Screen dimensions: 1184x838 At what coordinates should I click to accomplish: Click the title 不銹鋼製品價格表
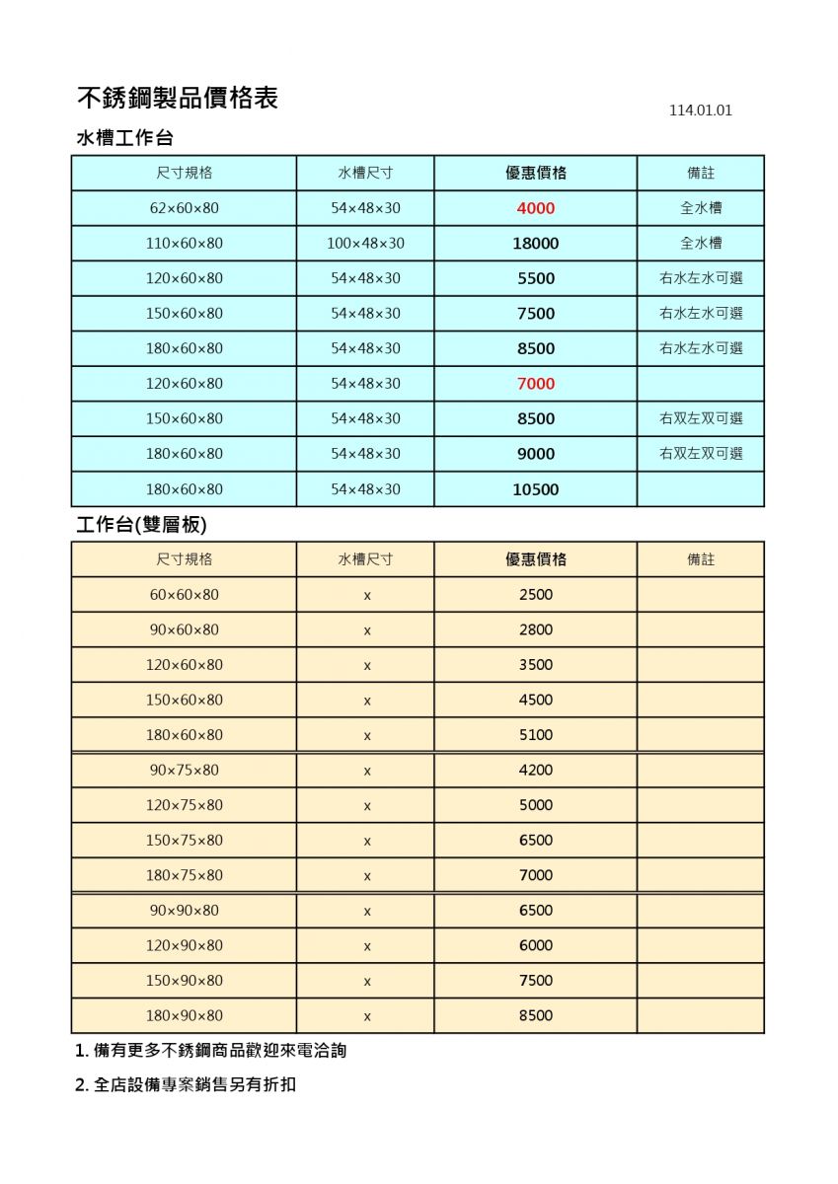178,98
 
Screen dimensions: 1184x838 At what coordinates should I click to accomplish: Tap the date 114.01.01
700,111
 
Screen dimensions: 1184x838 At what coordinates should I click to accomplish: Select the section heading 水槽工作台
125,138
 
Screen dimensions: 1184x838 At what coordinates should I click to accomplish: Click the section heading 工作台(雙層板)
141,525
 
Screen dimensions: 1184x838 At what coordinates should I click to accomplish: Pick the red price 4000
536,208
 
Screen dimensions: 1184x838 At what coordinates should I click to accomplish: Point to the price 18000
536,244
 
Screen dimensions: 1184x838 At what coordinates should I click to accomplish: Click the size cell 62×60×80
185,208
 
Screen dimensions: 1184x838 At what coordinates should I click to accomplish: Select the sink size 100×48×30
365,244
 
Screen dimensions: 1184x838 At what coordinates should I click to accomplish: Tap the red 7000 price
536,384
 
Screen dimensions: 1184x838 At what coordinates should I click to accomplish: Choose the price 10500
536,489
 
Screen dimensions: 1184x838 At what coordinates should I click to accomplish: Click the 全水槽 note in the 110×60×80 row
701,244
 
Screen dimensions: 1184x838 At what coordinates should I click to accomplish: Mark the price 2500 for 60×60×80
536,595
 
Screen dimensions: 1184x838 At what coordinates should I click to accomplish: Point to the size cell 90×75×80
185,771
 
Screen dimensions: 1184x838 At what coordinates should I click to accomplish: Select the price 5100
536,735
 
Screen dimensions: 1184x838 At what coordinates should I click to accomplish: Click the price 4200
536,771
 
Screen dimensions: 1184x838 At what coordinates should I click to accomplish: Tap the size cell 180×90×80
185,1016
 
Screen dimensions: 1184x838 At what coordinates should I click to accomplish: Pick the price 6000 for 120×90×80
536,945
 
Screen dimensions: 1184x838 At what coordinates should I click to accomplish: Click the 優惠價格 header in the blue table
536,173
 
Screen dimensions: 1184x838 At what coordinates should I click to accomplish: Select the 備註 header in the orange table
701,559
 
